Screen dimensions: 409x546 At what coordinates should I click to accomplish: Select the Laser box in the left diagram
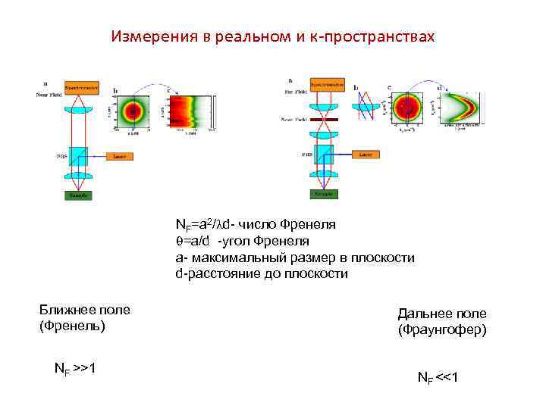coord(119,156)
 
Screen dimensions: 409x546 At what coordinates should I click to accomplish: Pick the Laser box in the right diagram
coord(366,154)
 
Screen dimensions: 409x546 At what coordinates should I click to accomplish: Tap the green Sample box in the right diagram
coord(323,194)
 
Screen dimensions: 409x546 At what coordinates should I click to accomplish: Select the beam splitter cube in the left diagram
coord(78,156)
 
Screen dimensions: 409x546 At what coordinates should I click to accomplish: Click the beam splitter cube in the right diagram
coord(323,155)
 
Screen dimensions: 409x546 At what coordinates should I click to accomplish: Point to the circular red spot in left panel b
coord(135,111)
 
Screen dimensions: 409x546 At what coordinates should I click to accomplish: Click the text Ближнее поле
coord(85,310)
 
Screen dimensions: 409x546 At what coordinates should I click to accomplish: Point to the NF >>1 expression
coord(74,369)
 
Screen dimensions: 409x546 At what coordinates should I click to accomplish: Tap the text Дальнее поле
coord(442,314)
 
